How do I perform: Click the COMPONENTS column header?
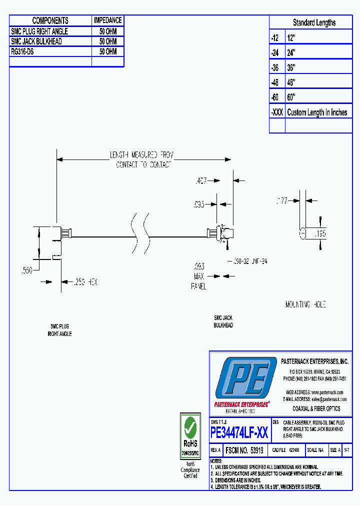[50, 20]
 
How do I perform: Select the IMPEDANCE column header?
[107, 20]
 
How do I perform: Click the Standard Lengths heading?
[314, 22]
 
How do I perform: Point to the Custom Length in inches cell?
[317, 112]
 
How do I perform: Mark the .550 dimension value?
[26, 270]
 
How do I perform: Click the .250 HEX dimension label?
[85, 282]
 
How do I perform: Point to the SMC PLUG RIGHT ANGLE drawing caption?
[59, 329]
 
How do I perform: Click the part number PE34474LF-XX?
[240, 432]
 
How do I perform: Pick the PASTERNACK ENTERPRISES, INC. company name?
[314, 361]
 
